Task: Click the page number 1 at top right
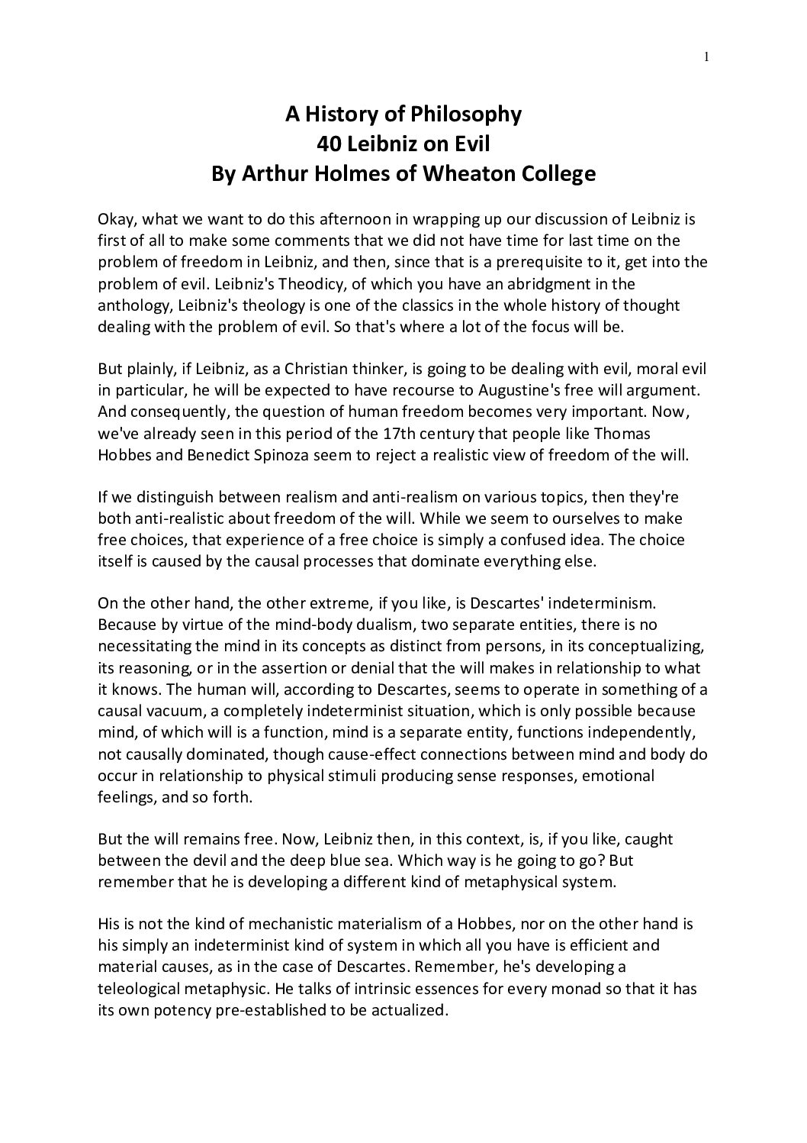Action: [x=707, y=55]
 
